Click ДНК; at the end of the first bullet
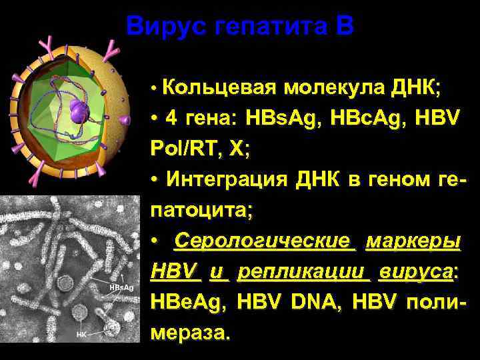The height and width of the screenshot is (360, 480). [409, 88]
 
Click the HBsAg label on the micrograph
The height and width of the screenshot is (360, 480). [121, 287]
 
